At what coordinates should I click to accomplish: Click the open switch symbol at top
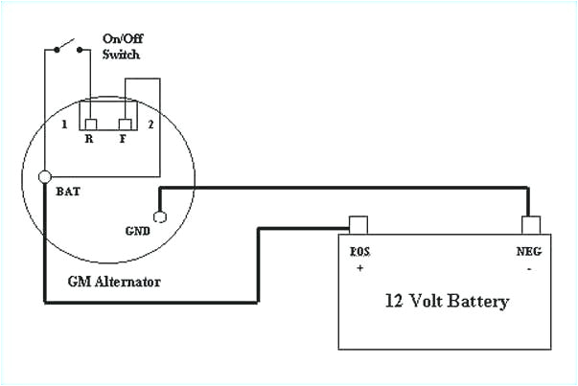(x=66, y=45)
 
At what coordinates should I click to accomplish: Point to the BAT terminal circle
(x=45, y=177)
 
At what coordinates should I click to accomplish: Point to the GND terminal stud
(x=159, y=216)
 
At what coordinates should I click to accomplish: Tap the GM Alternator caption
(x=114, y=282)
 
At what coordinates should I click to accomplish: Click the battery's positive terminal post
(x=358, y=225)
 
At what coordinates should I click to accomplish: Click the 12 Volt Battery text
(x=446, y=301)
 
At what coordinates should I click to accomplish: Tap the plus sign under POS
(x=361, y=269)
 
